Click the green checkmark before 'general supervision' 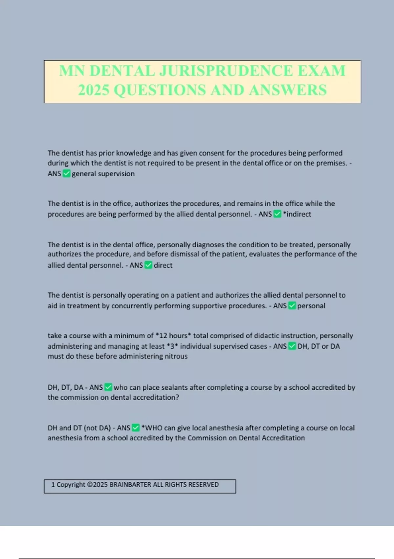pyautogui.click(x=66, y=174)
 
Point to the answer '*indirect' pyautogui.click(x=297, y=214)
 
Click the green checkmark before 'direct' pyautogui.click(x=148, y=265)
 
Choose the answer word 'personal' pyautogui.click(x=311, y=306)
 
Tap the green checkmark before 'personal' pyautogui.click(x=292, y=306)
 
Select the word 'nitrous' pyautogui.click(x=176, y=356)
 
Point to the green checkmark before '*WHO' pyautogui.click(x=136, y=428)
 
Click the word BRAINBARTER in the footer pyautogui.click(x=130, y=484)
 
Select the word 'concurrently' pyautogui.click(x=132, y=306)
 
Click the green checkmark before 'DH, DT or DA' pyautogui.click(x=292, y=346)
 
